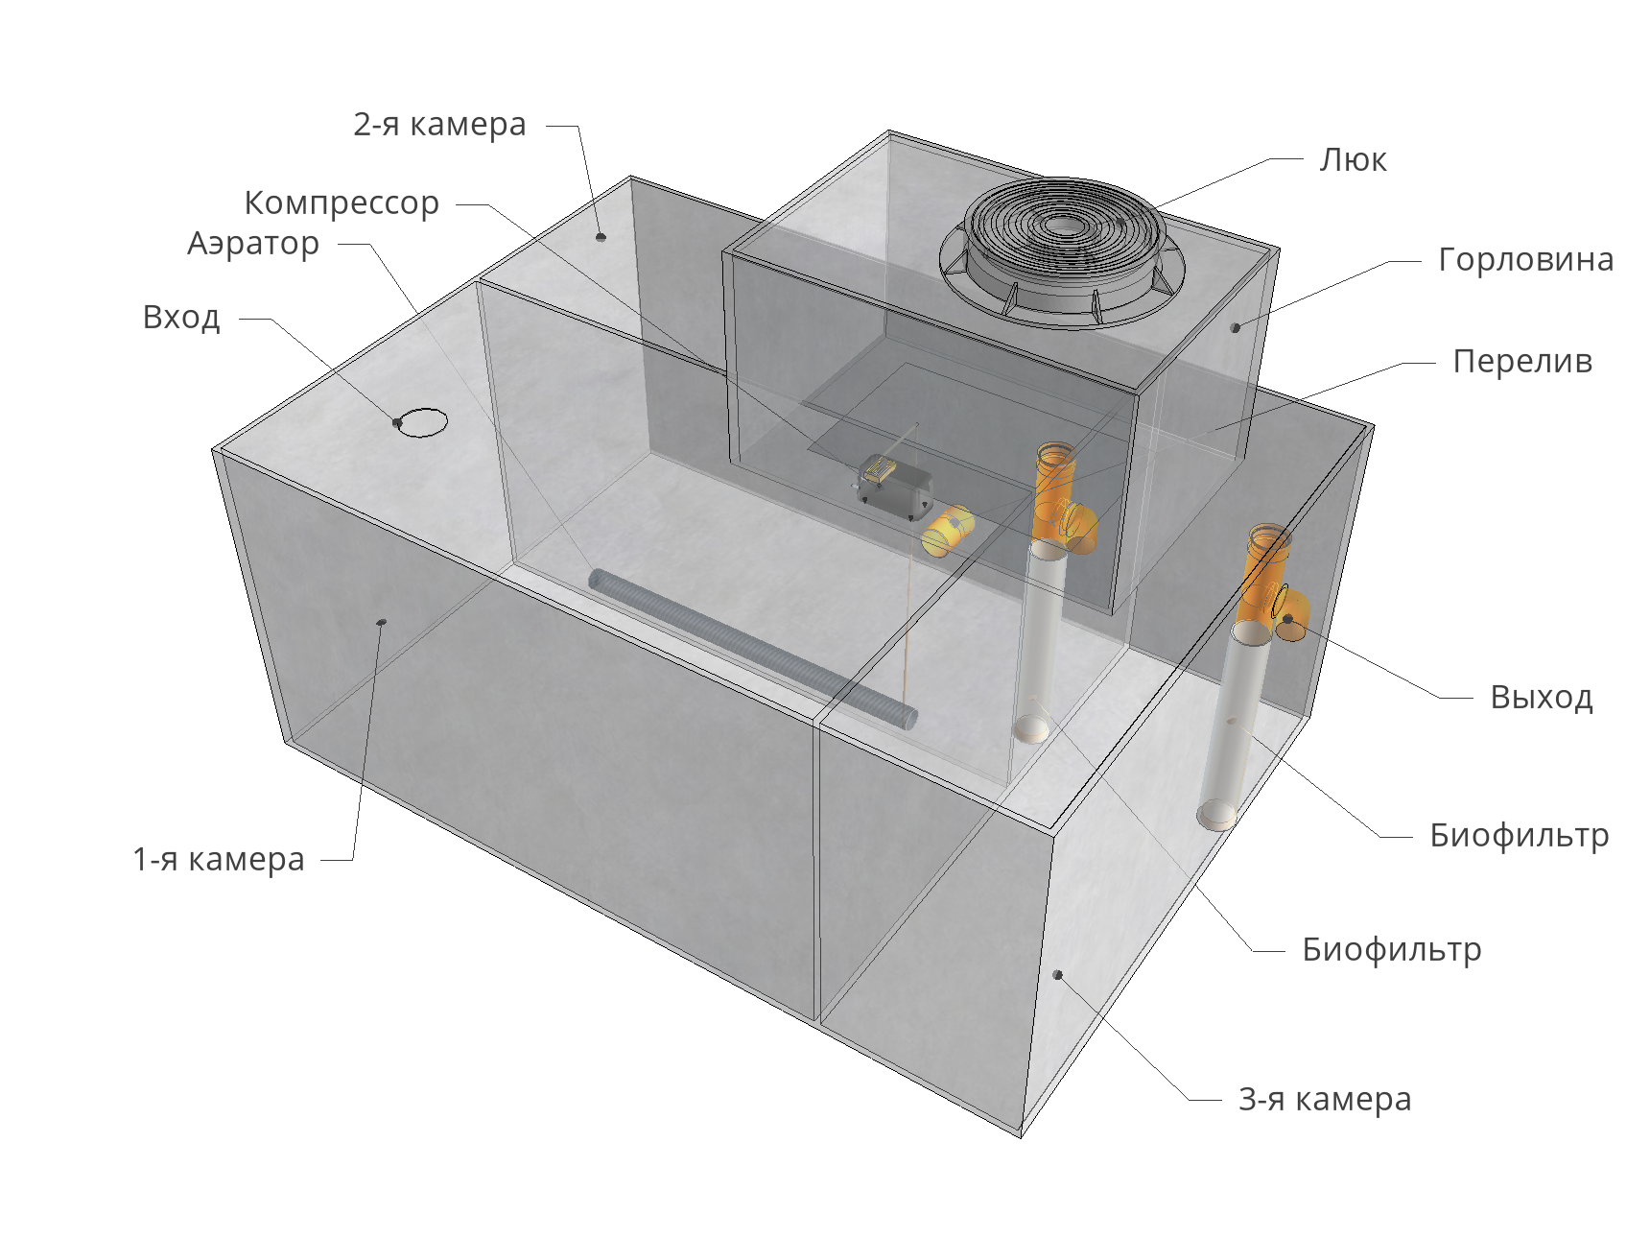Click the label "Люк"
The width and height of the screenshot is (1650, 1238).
[x=1353, y=159]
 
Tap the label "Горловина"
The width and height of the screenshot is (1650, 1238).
[x=1525, y=259]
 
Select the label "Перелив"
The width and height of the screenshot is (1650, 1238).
[x=1522, y=361]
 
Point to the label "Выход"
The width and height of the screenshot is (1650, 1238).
[x=1542, y=697]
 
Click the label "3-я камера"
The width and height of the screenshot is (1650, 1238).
[x=1325, y=1099]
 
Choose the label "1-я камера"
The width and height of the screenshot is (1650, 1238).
[x=219, y=859]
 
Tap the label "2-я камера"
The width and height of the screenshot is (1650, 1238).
[x=439, y=124]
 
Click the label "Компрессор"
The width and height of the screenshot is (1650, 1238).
[x=342, y=202]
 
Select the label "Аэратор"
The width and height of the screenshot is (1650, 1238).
[x=253, y=244]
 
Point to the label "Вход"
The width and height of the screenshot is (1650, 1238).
[x=181, y=317]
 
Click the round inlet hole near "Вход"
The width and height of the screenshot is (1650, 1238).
[x=422, y=422]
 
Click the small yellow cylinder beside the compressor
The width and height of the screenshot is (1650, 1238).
[x=947, y=531]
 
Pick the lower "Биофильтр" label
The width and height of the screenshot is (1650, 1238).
[x=1392, y=949]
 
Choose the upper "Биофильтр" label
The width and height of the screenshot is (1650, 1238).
[x=1520, y=835]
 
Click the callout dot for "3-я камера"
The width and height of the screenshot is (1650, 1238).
[x=1058, y=974]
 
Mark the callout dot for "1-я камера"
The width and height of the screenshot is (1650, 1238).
[x=381, y=623]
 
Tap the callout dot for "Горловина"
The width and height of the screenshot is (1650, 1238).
[x=1236, y=327]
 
